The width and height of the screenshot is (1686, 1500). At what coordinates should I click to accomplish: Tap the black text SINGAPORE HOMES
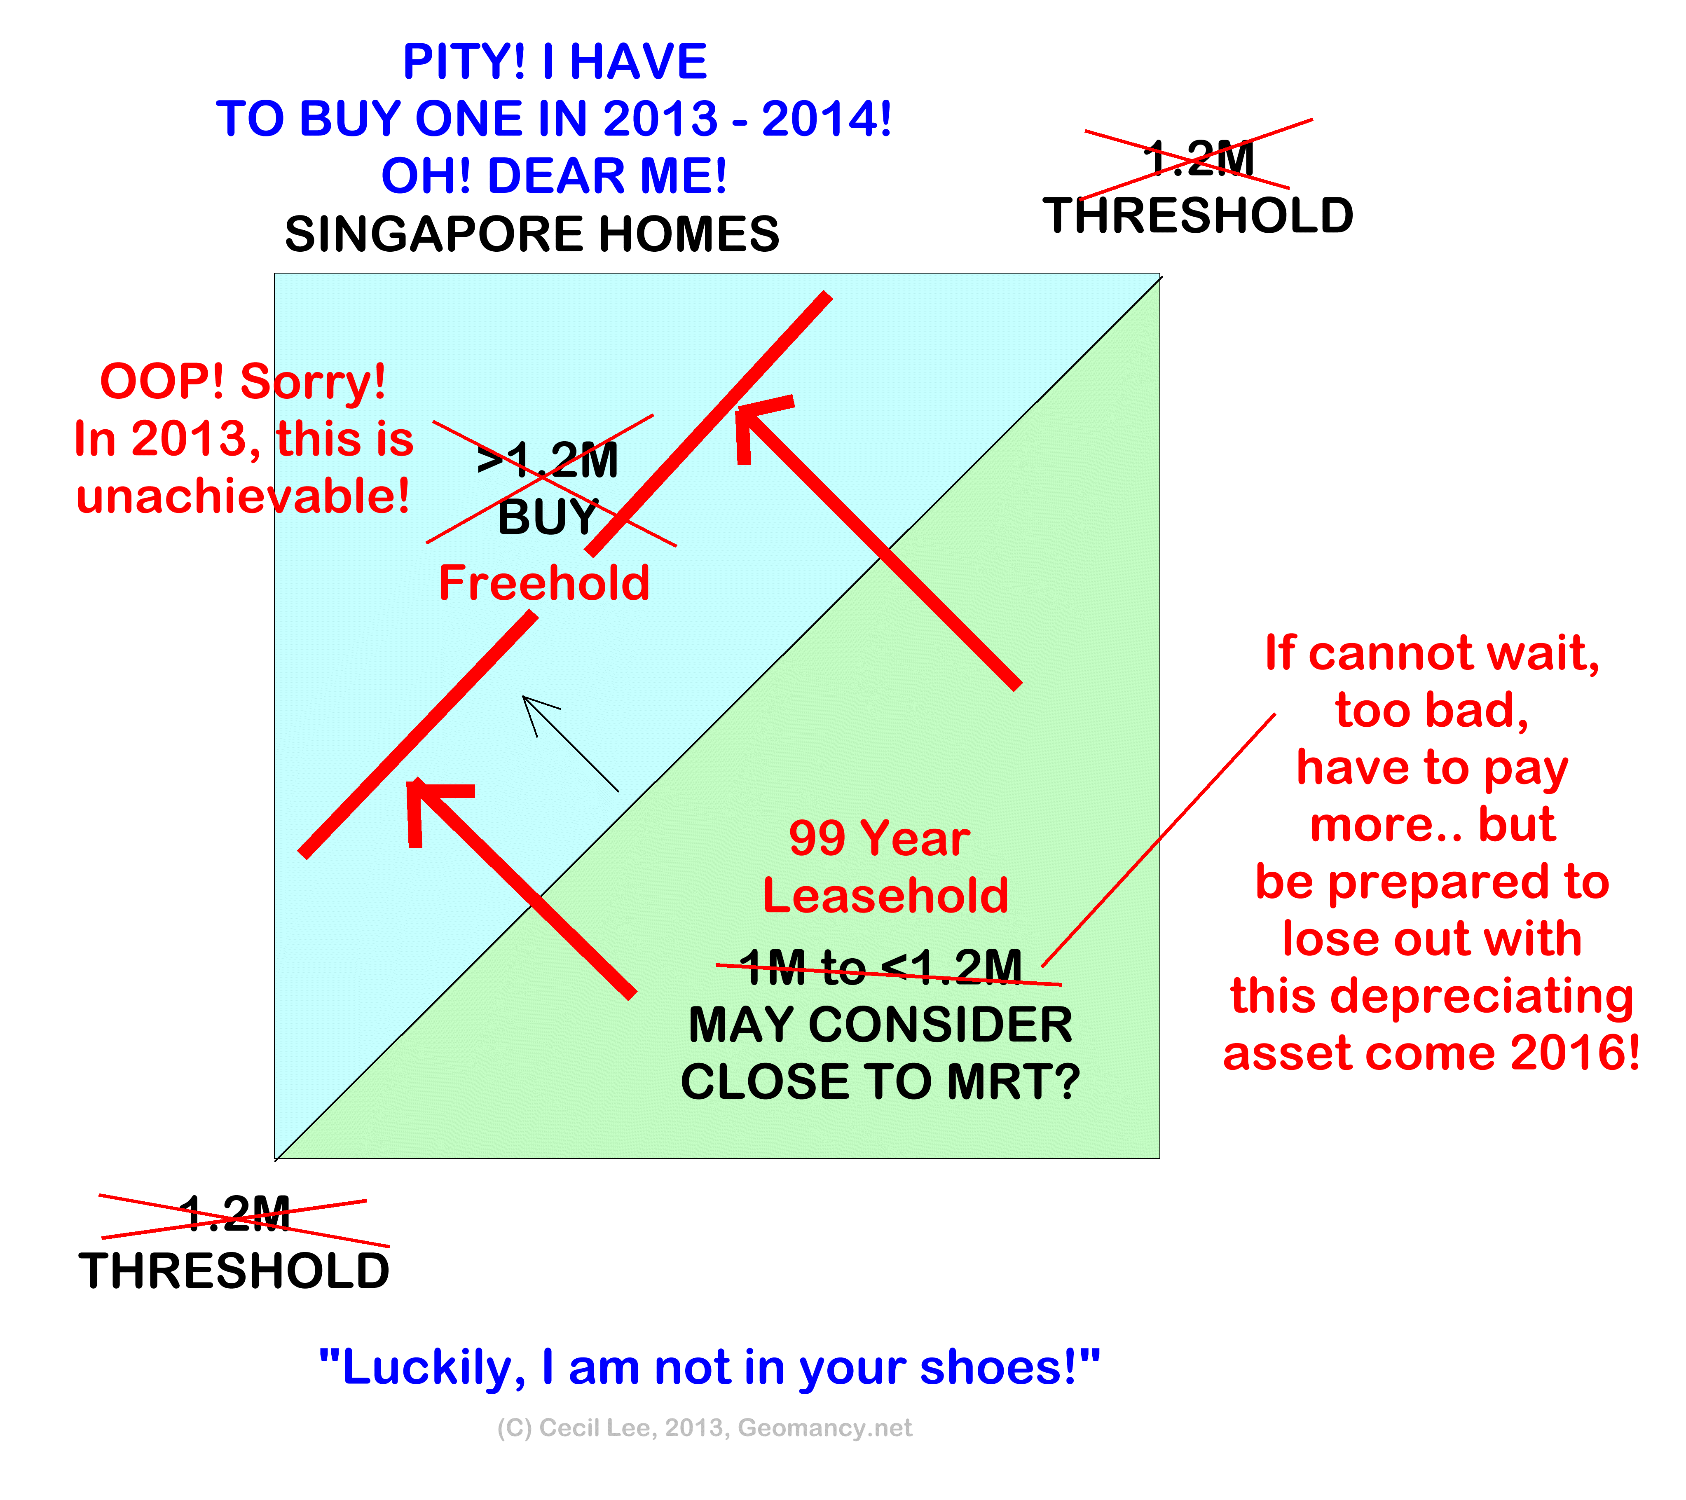click(532, 234)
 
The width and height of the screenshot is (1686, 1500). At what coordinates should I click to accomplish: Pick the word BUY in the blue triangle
click(548, 518)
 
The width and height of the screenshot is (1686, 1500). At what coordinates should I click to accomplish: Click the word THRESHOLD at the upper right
click(1199, 216)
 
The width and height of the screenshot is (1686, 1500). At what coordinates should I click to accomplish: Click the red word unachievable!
click(244, 496)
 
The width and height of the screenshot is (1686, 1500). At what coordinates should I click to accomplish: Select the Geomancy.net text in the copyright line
click(825, 1428)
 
